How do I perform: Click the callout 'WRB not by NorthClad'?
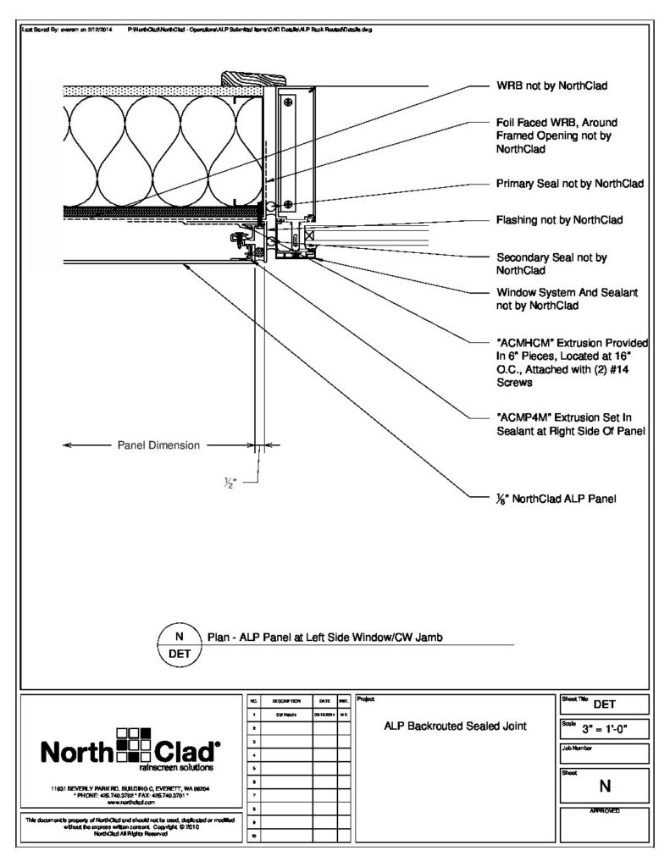(553, 86)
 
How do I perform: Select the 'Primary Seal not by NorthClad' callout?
(570, 183)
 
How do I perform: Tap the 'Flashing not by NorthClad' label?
(559, 220)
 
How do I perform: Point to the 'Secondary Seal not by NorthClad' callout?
(552, 263)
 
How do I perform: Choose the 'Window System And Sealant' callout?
(567, 299)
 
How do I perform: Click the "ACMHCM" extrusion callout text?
(572, 362)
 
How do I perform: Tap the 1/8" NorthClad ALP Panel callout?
(556, 499)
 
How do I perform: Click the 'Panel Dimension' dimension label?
(158, 445)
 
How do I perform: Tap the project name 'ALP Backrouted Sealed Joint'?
(455, 726)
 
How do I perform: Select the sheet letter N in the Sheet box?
(605, 786)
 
